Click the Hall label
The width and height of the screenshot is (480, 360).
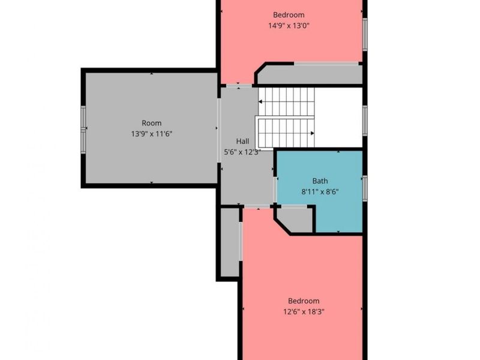coord(242,142)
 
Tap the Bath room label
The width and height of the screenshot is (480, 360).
coord(320,181)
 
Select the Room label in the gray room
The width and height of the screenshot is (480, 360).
coord(152,123)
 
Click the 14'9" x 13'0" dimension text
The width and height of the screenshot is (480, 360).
coord(289,25)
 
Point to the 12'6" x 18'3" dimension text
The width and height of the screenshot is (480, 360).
coord(304,311)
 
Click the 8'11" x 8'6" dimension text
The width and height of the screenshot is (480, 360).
coord(320,192)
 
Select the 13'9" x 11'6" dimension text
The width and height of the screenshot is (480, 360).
coord(152,134)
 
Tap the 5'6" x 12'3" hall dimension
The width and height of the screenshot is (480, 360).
coord(242,152)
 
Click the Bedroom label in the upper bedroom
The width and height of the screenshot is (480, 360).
coord(289,14)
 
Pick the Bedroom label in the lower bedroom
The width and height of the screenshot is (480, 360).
coord(304,301)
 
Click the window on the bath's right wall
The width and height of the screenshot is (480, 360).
coord(365,188)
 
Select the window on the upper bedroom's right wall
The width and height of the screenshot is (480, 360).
coord(365,34)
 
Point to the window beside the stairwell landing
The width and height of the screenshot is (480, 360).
coord(365,121)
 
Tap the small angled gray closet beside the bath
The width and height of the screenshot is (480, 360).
coord(295,220)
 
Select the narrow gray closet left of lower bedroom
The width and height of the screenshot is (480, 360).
coord(230,242)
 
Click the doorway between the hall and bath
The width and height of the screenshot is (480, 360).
coord(275,190)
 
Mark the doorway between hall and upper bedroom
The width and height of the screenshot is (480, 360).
coord(239,86)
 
